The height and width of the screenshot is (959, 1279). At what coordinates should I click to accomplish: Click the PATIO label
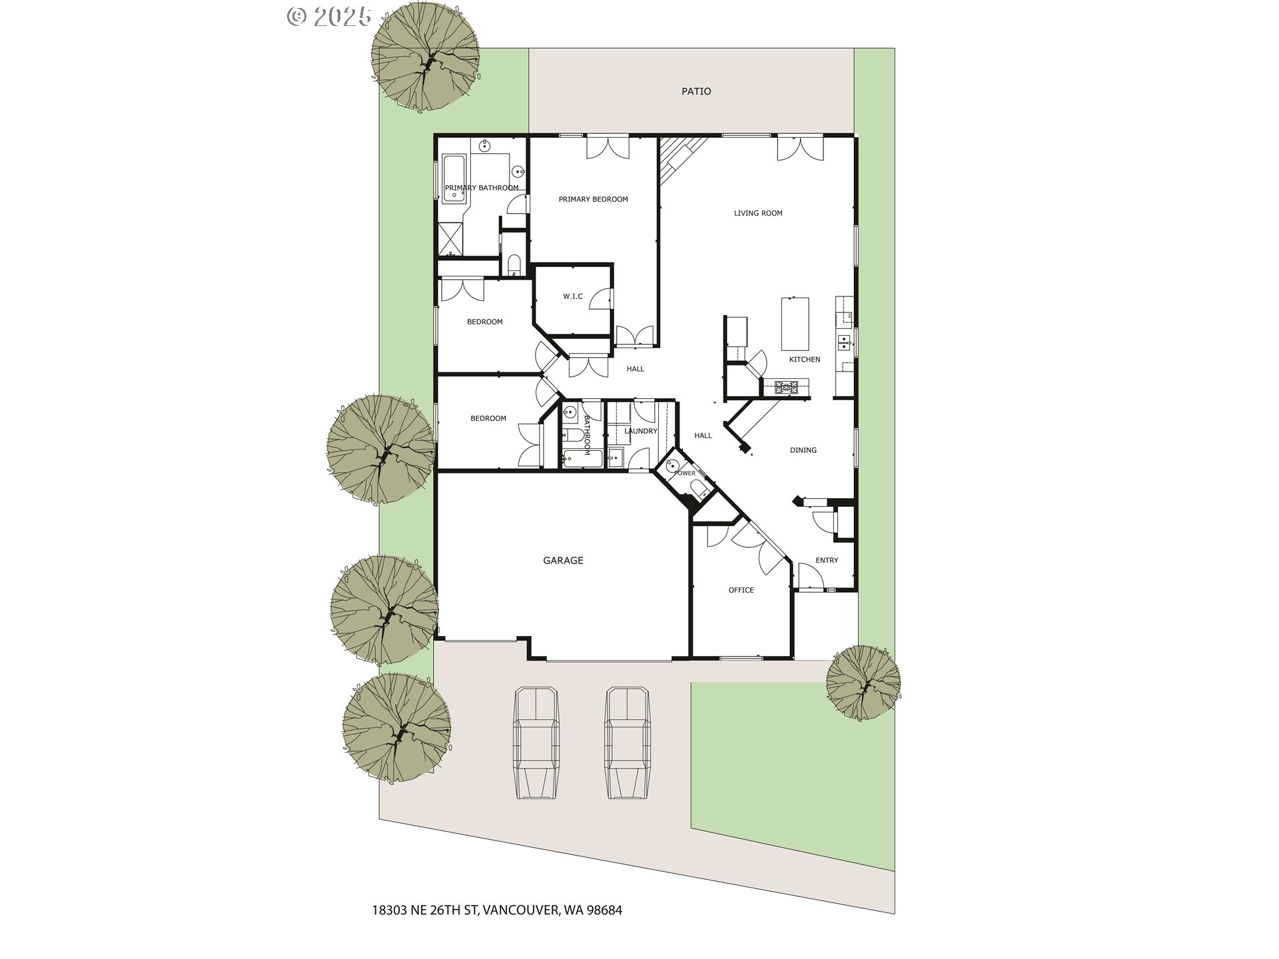(696, 91)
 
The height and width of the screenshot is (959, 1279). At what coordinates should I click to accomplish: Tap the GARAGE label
(563, 561)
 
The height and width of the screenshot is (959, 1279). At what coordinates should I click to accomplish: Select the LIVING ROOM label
(758, 213)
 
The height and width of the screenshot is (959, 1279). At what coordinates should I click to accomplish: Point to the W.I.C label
(573, 296)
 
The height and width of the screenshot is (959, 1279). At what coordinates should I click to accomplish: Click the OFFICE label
(741, 590)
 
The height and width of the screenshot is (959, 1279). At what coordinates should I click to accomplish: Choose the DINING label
(803, 450)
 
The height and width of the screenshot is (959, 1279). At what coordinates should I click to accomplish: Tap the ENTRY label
(827, 560)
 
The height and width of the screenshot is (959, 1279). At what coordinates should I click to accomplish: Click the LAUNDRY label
(641, 431)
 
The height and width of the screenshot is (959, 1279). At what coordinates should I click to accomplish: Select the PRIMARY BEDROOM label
(593, 199)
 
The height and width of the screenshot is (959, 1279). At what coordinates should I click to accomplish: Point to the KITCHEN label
(805, 360)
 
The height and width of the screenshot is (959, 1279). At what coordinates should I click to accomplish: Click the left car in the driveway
(536, 743)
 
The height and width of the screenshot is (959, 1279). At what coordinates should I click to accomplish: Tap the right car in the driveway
(628, 743)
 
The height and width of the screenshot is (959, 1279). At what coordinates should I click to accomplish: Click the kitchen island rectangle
(795, 324)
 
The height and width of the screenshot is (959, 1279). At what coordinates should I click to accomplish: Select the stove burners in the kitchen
(786, 387)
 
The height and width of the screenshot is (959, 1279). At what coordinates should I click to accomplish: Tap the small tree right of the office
(863, 683)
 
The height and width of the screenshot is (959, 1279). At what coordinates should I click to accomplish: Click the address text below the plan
(497, 910)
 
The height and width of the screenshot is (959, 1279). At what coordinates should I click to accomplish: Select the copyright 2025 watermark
(329, 16)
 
